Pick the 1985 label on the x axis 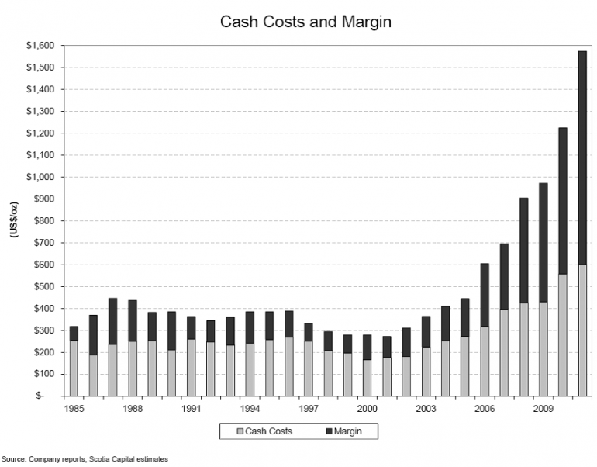(x=74, y=406)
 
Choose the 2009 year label (x=544, y=406)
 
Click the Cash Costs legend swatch (x=240, y=431)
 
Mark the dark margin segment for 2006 (x=485, y=295)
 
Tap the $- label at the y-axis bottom (x=50, y=396)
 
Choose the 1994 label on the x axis (x=250, y=406)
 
